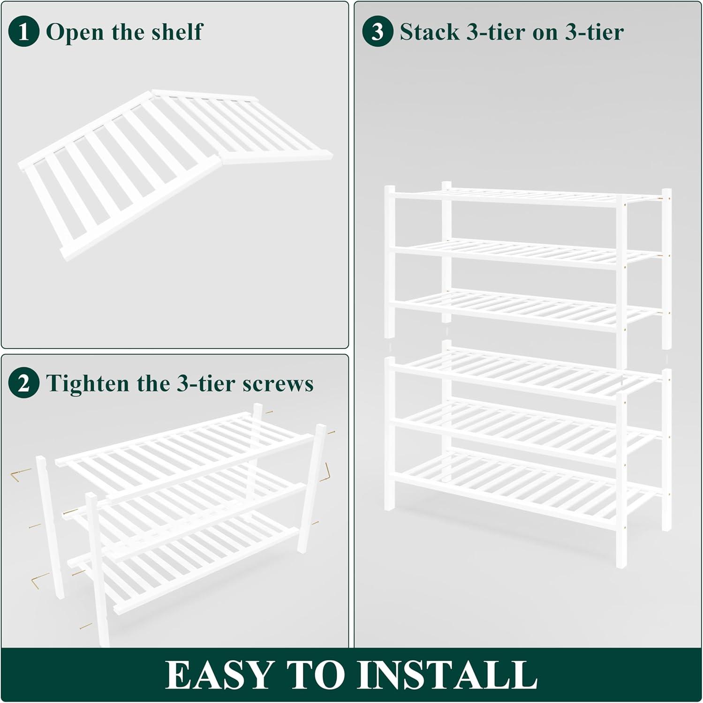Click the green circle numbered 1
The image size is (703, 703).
click(23, 32)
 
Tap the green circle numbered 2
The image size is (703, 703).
click(23, 383)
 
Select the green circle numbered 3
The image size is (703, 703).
click(378, 32)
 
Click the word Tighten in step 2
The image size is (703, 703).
click(88, 383)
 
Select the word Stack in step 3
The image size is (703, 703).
click(430, 32)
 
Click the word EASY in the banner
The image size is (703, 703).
click(219, 675)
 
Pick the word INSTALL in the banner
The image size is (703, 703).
click(447, 675)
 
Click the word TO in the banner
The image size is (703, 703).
click(316, 675)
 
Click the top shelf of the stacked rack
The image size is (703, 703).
click(525, 197)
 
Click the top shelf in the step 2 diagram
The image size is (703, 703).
click(185, 452)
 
